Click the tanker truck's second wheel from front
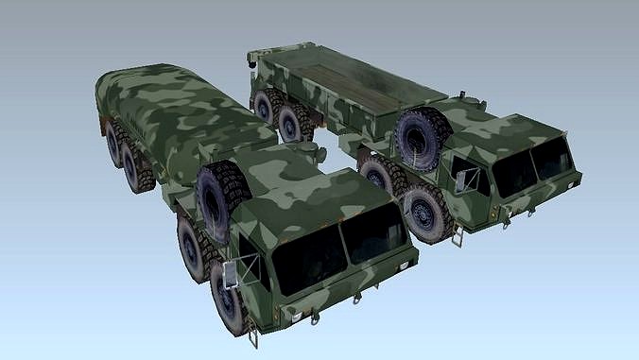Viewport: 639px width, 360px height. [x=193, y=248]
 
